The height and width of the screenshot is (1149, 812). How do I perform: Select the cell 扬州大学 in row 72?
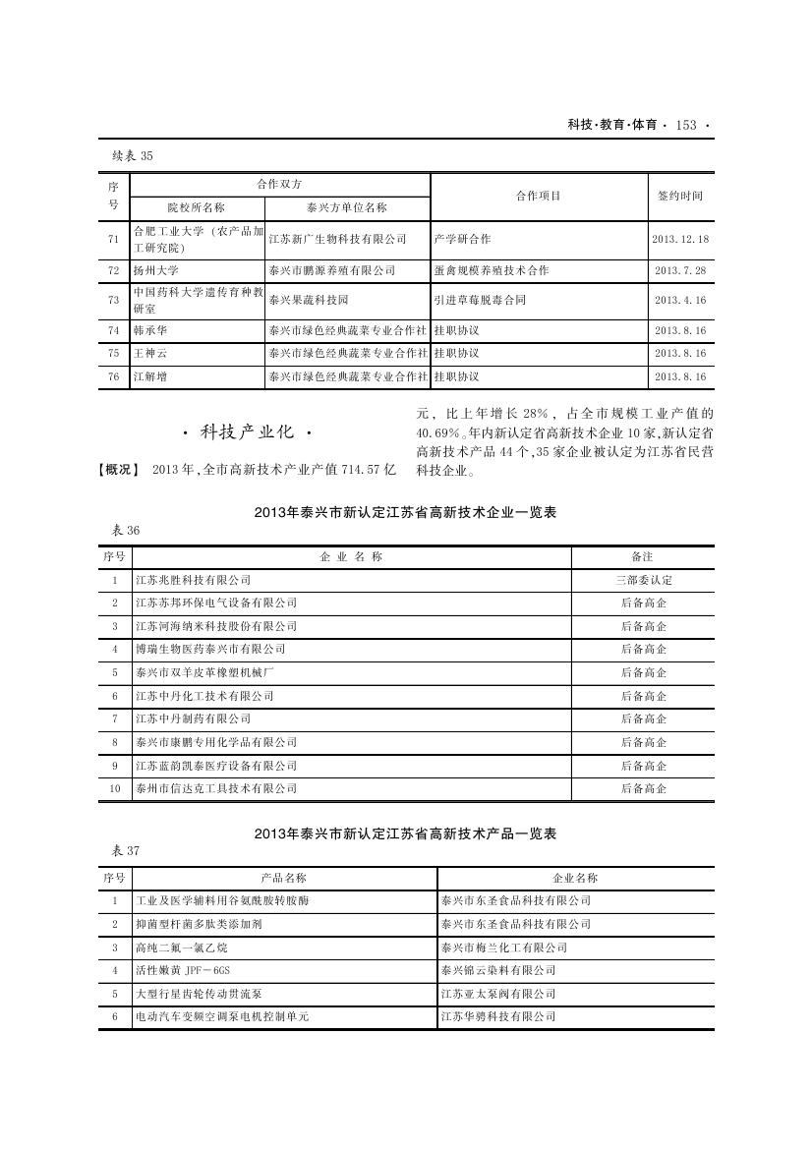156,269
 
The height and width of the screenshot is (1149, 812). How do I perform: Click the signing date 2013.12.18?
680,239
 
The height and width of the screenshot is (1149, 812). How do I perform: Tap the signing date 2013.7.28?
680,269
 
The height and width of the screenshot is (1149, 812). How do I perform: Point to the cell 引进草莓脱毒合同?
480,300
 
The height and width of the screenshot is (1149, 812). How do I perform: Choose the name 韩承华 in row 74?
150,330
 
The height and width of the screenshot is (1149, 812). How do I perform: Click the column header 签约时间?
680,196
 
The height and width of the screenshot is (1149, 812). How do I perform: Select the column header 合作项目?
539,196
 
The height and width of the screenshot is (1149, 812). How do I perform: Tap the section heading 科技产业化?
248,431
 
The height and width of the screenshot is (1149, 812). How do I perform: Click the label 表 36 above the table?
127,531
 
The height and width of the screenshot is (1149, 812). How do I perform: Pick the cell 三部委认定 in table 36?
643,580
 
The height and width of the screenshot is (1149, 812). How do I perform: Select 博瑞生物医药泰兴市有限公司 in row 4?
209,650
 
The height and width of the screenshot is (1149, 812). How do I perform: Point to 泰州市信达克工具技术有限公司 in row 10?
215,788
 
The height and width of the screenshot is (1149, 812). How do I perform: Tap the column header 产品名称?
283,878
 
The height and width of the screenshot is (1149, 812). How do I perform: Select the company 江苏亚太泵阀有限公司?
498,994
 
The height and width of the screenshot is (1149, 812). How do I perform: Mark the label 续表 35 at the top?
134,155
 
